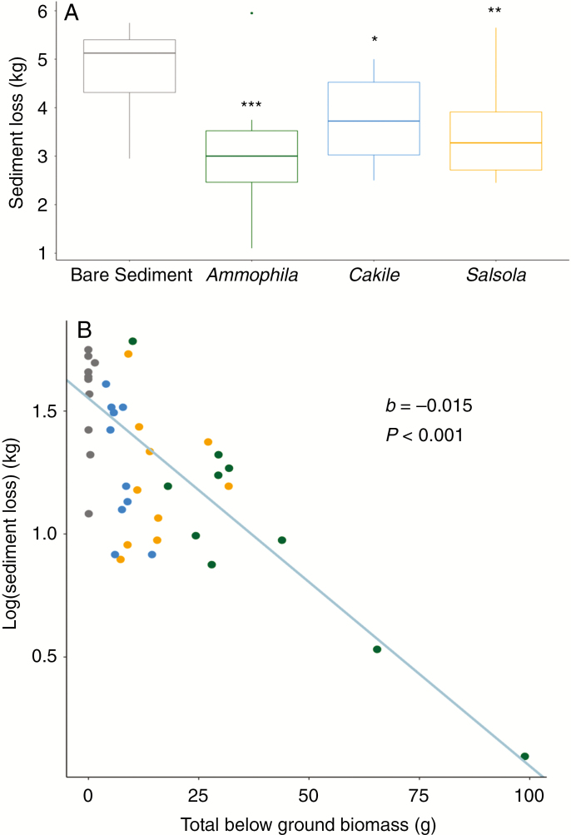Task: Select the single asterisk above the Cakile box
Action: click(x=374, y=41)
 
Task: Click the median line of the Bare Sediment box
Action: click(x=129, y=53)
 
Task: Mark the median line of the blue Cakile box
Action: click(x=374, y=121)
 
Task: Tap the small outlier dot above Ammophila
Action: click(x=251, y=13)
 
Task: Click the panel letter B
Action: click(x=84, y=330)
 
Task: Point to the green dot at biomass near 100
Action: click(x=524, y=756)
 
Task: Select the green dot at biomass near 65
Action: click(x=377, y=649)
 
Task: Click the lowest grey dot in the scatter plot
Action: click(x=89, y=514)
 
